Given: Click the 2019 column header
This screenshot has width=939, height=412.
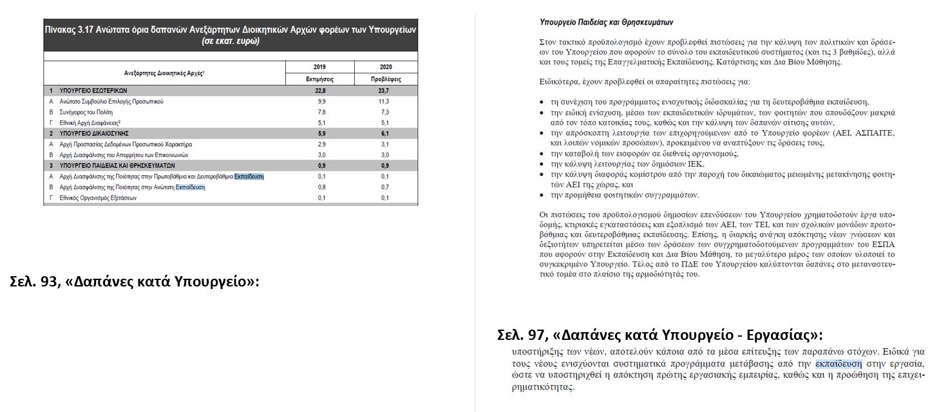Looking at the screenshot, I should tap(319, 67).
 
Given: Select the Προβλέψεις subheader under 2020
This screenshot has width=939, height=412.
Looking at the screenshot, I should tap(386, 79).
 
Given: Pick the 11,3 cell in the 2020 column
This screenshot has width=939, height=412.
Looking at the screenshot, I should tap(386, 102).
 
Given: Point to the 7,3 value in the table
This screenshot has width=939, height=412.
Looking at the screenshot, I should tap(386, 112).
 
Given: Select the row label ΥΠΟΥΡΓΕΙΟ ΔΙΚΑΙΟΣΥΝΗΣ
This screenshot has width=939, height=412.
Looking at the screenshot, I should tap(96, 133).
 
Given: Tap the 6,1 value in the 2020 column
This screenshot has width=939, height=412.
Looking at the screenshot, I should tap(386, 133).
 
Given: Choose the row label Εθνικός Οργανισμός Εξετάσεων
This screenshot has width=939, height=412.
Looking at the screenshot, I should tap(97, 198).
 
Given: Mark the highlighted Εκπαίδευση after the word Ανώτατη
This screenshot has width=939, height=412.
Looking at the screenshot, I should tap(190, 187).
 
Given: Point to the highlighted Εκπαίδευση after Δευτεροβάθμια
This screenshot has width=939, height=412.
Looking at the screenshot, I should tap(249, 176).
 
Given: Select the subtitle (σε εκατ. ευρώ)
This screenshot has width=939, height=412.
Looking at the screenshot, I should tap(231, 41).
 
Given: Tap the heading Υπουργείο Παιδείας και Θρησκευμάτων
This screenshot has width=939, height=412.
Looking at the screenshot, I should tap(606, 23).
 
